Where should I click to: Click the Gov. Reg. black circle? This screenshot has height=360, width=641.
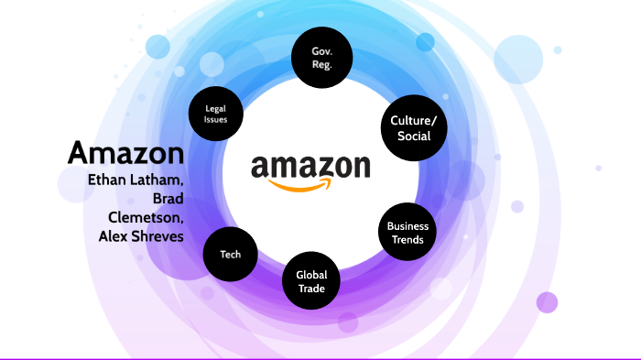321,60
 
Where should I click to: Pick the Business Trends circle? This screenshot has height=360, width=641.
407,232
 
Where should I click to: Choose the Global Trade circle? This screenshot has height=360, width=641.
311,281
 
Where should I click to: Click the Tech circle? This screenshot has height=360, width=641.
231,254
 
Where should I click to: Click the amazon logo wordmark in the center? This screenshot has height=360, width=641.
310,167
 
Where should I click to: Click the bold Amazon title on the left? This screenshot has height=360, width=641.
125,152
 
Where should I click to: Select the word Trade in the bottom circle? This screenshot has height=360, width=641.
311,289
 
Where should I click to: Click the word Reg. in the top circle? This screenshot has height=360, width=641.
321,66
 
